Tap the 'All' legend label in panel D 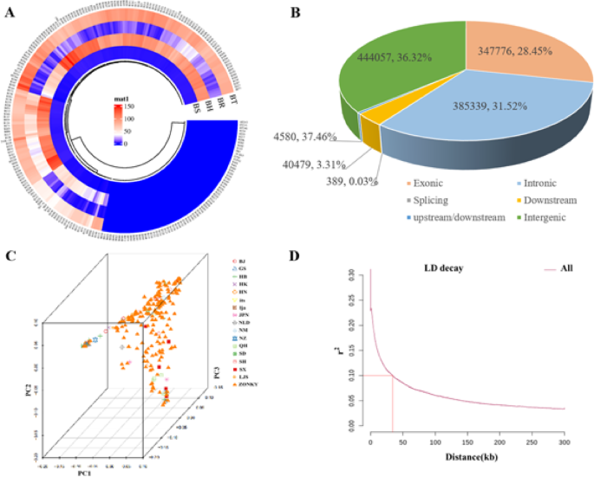pyautogui.click(x=566, y=269)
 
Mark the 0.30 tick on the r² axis pyautogui.click(x=356, y=274)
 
